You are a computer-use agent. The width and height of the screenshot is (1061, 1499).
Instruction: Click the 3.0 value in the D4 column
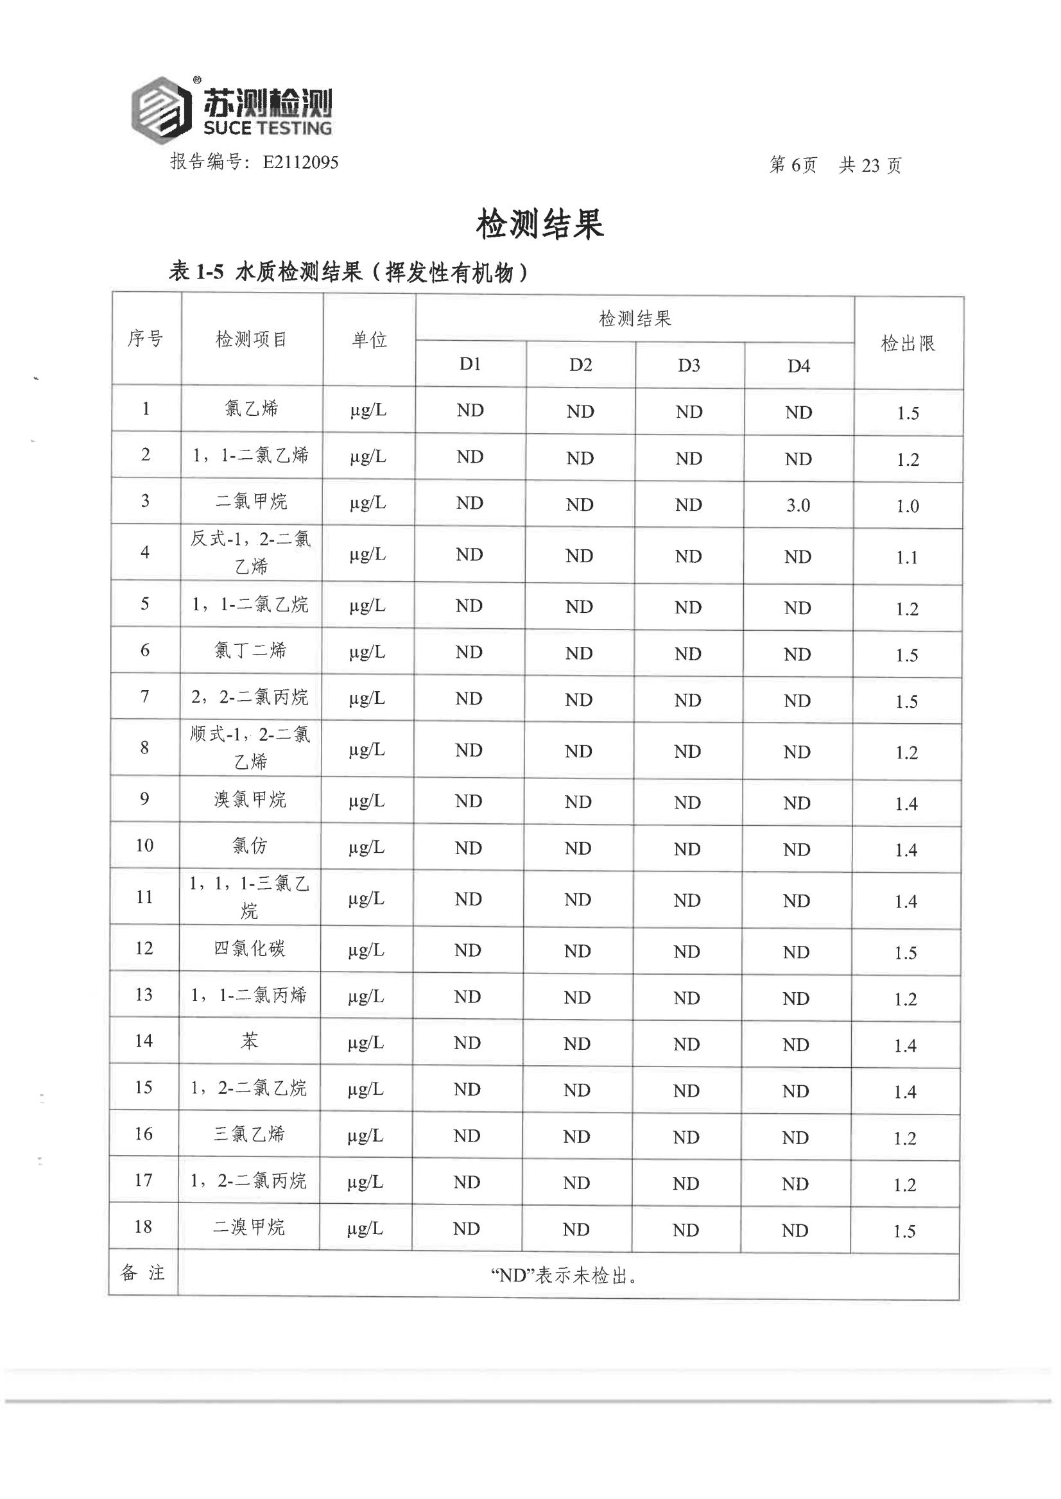[798, 506]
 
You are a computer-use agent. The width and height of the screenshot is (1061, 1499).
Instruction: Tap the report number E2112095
[300, 162]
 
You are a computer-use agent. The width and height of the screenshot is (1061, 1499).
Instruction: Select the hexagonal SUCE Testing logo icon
[161, 109]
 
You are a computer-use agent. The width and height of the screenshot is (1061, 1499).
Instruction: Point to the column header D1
[470, 364]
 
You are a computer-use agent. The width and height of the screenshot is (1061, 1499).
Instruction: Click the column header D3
[689, 366]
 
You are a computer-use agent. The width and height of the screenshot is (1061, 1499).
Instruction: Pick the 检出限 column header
[908, 343]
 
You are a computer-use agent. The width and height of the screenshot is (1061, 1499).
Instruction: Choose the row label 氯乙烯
[252, 409]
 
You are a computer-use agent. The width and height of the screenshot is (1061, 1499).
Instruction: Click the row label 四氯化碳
[250, 948]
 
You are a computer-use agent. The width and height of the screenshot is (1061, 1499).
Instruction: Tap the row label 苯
[250, 1041]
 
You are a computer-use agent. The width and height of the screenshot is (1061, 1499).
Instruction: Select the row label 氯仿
[250, 846]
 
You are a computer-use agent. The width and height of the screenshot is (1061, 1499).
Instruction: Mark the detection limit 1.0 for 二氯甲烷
[908, 506]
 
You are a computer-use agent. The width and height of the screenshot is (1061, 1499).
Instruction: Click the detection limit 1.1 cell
[907, 558]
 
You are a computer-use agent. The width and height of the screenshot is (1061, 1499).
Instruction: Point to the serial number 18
[144, 1227]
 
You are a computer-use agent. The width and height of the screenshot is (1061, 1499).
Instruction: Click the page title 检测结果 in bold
[540, 225]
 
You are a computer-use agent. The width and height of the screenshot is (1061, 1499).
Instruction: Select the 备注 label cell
[143, 1273]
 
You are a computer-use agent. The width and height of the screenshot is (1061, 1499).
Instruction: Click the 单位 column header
[370, 339]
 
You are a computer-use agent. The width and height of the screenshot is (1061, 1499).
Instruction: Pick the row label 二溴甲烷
[249, 1228]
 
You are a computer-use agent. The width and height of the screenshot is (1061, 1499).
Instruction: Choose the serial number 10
[144, 845]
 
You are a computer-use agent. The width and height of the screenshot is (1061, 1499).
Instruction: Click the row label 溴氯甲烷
[250, 800]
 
